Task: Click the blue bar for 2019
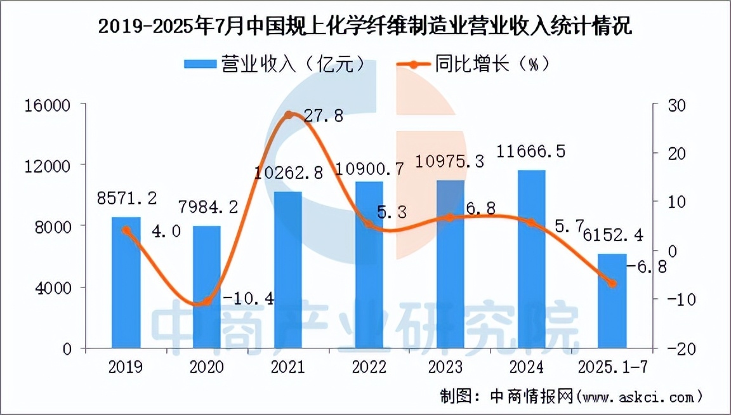[126, 283]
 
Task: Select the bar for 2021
[288, 270]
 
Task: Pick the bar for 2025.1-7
[612, 301]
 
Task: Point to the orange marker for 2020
[207, 301]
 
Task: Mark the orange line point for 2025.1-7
[612, 284]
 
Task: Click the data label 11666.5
[531, 152]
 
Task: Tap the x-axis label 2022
[369, 367]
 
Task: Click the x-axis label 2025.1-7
[612, 367]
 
